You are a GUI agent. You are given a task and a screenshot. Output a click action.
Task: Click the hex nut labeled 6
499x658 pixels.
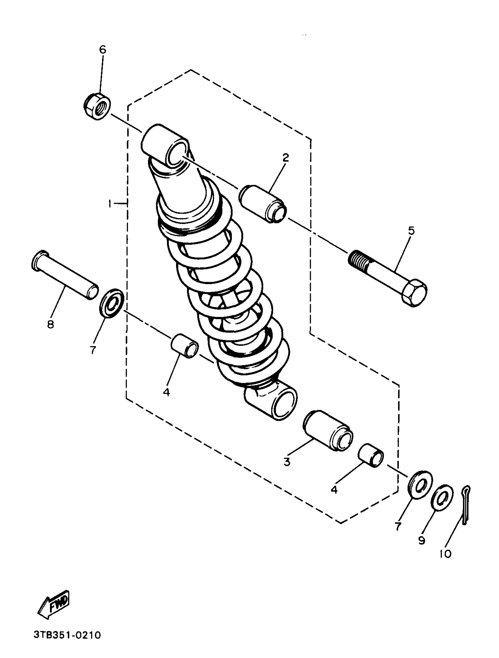96,106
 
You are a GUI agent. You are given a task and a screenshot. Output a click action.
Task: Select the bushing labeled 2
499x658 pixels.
263,204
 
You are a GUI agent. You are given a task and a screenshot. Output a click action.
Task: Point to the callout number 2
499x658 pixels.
286,158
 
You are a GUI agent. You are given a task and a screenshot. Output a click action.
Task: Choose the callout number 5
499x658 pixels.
411,230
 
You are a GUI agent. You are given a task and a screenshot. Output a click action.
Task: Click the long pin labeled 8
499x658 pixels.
65,275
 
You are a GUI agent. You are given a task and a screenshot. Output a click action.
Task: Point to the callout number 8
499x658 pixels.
50,324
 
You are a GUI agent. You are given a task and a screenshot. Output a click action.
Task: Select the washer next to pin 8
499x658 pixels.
111,303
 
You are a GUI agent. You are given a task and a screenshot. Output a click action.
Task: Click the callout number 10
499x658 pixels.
446,553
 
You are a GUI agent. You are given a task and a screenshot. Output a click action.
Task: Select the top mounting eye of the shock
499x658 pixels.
165,144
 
